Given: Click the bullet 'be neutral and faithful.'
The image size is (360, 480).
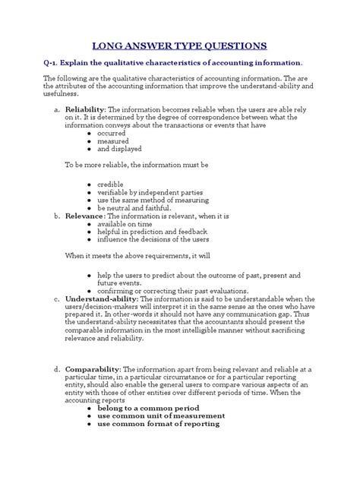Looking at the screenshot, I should (x=134, y=208).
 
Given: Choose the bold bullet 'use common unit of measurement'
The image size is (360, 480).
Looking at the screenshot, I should (x=162, y=415).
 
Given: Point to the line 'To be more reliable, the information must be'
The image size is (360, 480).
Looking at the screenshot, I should (x=136, y=163).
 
